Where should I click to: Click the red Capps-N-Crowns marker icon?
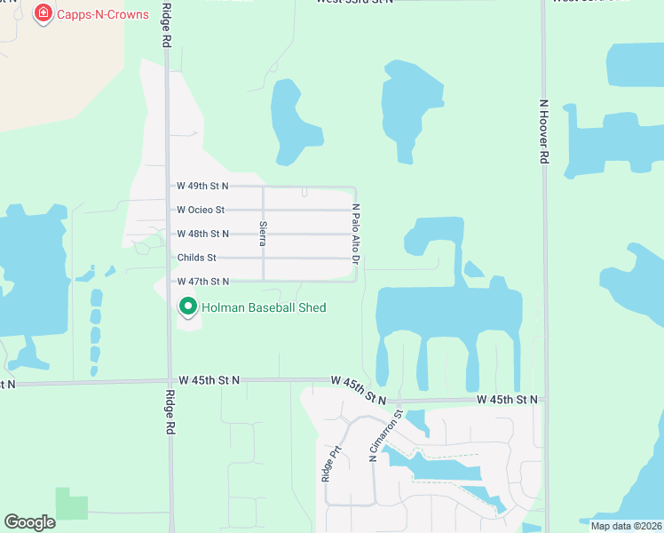pyautogui.click(x=42, y=13)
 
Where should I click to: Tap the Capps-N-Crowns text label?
pyautogui.click(x=102, y=14)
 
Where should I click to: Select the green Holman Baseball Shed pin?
pyautogui.click(x=188, y=306)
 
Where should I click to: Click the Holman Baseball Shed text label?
pyautogui.click(x=264, y=307)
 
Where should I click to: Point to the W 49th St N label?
pyautogui.click(x=202, y=186)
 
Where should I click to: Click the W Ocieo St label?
pyautogui.click(x=201, y=210)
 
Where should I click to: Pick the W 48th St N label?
pyautogui.click(x=202, y=234)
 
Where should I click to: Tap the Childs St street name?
pyautogui.click(x=196, y=258)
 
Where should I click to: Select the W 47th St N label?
pyautogui.click(x=202, y=281)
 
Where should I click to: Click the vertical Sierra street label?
pyautogui.click(x=263, y=233)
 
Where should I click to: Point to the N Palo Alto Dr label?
pyautogui.click(x=356, y=235)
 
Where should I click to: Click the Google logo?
pyautogui.click(x=30, y=522)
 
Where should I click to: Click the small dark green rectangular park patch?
pyautogui.click(x=72, y=503)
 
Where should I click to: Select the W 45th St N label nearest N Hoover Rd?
pyautogui.click(x=507, y=400)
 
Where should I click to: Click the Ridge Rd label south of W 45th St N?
pyautogui.click(x=168, y=411)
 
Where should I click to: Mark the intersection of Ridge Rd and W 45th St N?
pyautogui.click(x=168, y=381)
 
